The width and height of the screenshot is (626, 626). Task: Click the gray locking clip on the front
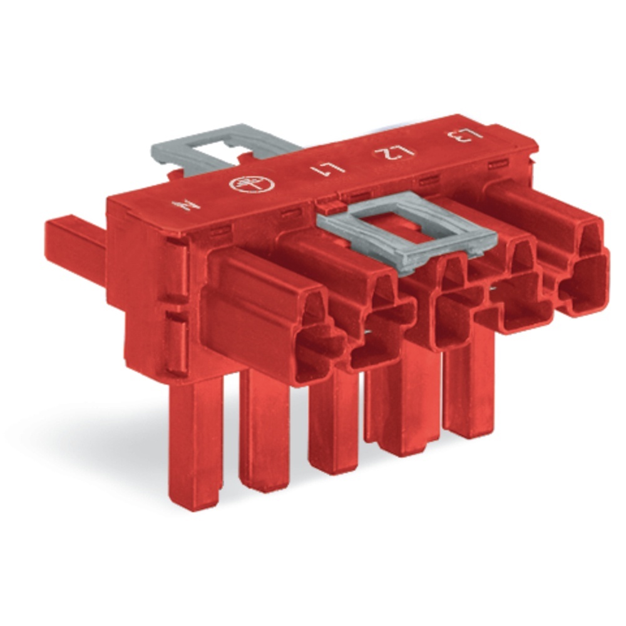(x=407, y=238)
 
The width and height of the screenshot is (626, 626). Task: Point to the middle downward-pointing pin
(x=332, y=426)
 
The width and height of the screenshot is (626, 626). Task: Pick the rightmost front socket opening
(x=582, y=282)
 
